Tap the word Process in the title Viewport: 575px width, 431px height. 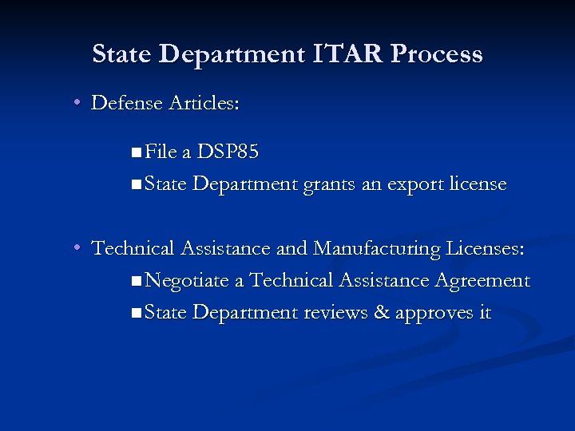[x=438, y=54]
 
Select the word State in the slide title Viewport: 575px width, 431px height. [x=121, y=54]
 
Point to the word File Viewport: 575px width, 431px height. [x=162, y=152]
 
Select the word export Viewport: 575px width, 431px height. [x=413, y=184]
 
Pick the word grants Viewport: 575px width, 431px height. [x=328, y=184]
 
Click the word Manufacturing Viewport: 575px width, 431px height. [x=377, y=248]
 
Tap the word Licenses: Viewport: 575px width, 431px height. [x=485, y=248]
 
